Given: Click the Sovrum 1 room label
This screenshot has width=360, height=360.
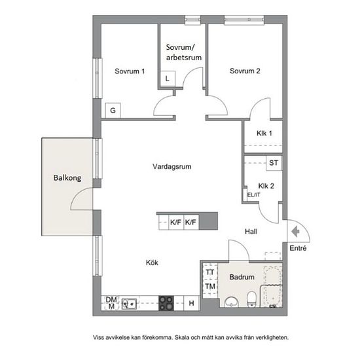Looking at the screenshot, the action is pos(130,71).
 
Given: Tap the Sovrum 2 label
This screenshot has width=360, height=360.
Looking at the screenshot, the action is pos(245,71).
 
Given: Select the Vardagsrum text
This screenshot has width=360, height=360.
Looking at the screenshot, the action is pos(172,166).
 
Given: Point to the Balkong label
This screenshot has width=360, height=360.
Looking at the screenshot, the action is pos(67,178).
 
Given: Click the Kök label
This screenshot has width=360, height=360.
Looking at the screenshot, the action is pos(152,262).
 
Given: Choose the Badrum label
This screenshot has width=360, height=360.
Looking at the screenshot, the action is pos(242,277).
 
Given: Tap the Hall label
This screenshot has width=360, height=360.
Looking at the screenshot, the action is pos(251,232).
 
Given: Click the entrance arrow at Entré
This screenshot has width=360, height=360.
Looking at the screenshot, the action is pos(295,232).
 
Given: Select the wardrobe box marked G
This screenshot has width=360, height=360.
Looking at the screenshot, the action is pos(113,111).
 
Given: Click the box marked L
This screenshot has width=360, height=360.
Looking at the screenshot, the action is pos(168,79).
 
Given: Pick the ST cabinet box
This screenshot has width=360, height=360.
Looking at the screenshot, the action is pos(274,163).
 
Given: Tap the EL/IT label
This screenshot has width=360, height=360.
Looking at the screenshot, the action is pos(254,195).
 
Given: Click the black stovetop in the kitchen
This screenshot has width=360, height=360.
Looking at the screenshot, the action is pos(166,303).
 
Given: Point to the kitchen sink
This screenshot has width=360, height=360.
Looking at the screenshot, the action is pos(129,304).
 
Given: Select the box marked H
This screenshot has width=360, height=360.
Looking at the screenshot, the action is pos(192,303).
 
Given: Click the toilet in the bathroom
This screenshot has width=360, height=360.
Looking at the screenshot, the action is pos(251,299).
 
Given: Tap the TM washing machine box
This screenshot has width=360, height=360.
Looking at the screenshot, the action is pos(210,287).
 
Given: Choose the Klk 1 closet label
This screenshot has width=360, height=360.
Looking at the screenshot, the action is pos(264,133).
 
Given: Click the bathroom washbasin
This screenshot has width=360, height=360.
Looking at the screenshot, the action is pos(232,302).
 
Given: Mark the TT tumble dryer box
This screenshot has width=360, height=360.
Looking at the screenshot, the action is pos(210,272).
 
